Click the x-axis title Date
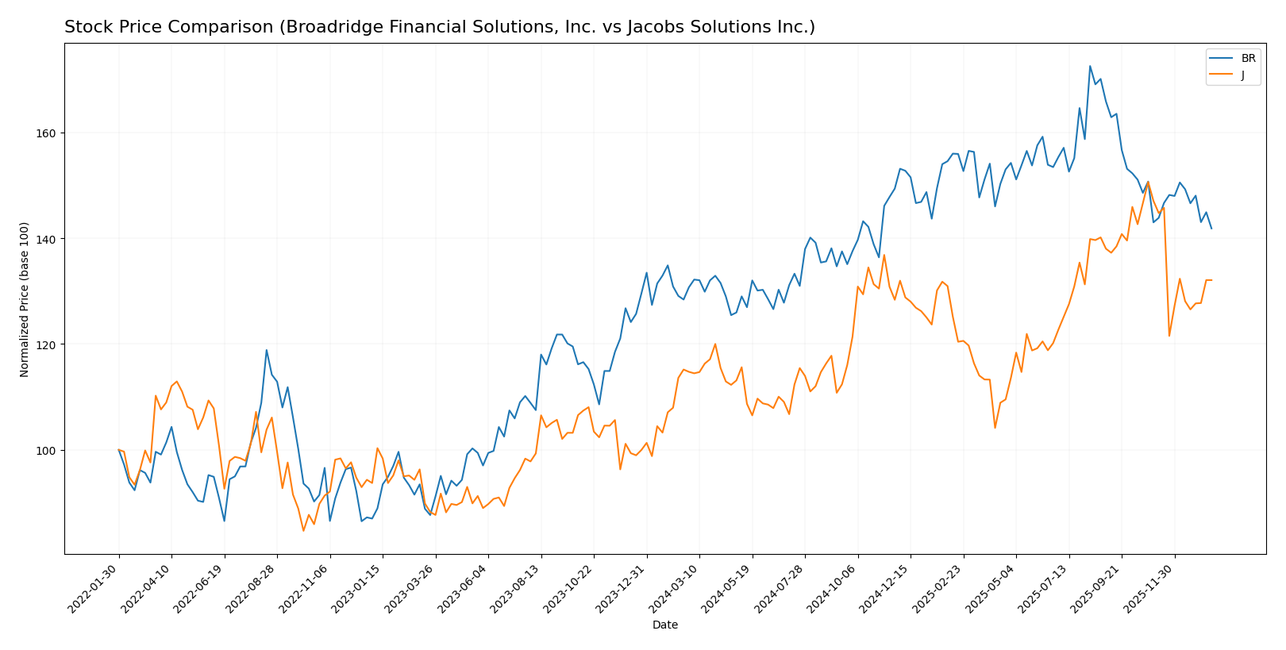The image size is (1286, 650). (x=665, y=625)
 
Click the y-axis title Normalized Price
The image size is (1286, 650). (x=25, y=299)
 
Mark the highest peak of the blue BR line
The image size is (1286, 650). (x=1090, y=66)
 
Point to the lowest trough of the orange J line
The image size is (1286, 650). (x=303, y=531)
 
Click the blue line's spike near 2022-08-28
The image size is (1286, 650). (x=267, y=350)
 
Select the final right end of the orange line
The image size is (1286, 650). (x=1211, y=280)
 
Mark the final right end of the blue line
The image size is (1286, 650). (x=1211, y=229)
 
